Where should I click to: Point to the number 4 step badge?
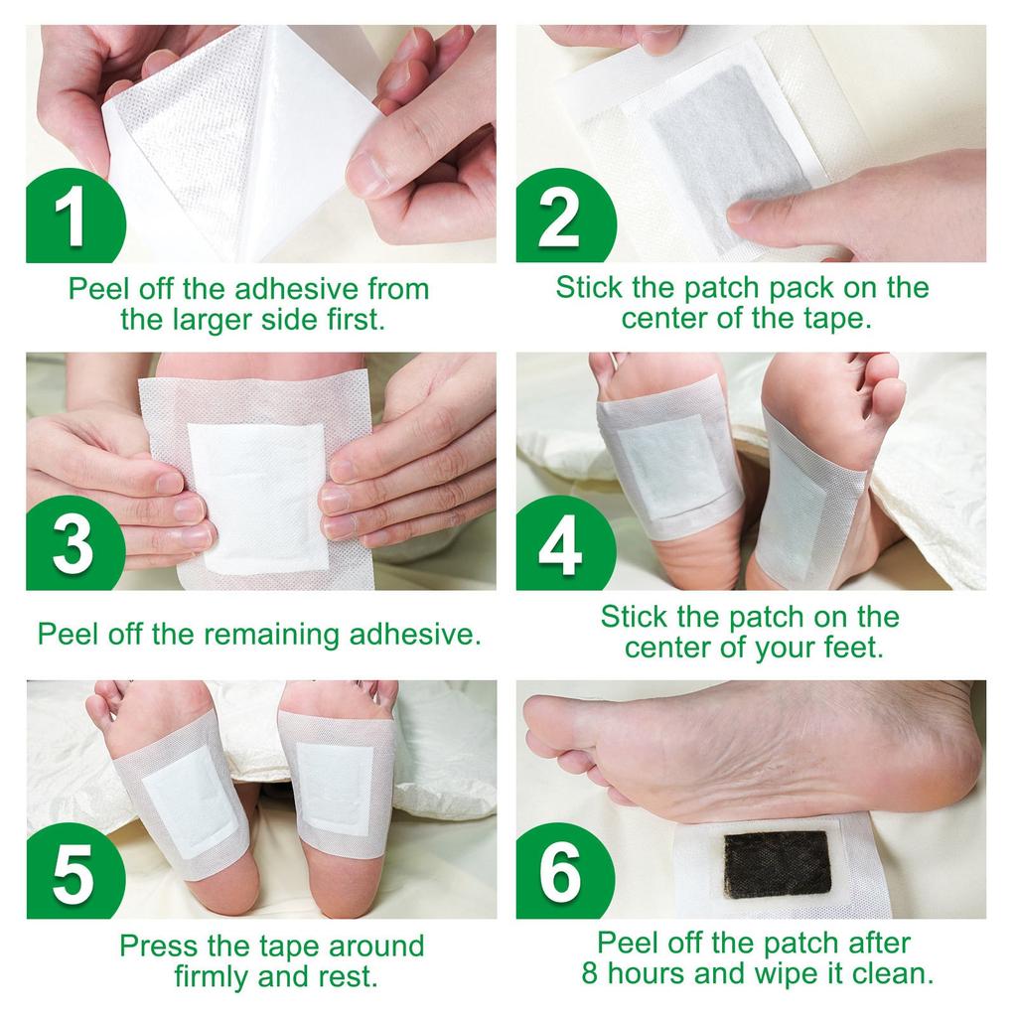[x=558, y=544]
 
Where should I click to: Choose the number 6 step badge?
[x=558, y=872]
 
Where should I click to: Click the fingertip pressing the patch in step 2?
[x=745, y=211]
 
